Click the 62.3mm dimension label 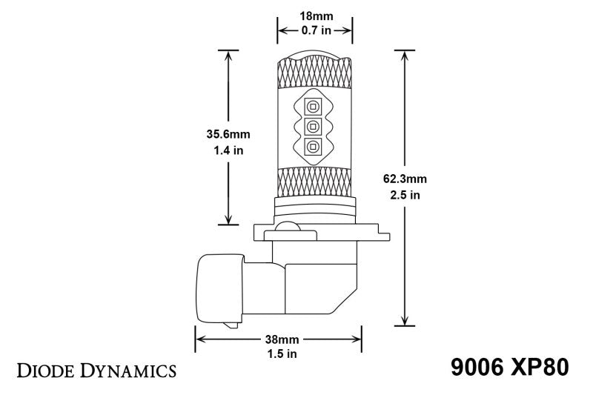[405, 179]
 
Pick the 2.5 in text [405, 195]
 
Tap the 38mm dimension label [278, 340]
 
